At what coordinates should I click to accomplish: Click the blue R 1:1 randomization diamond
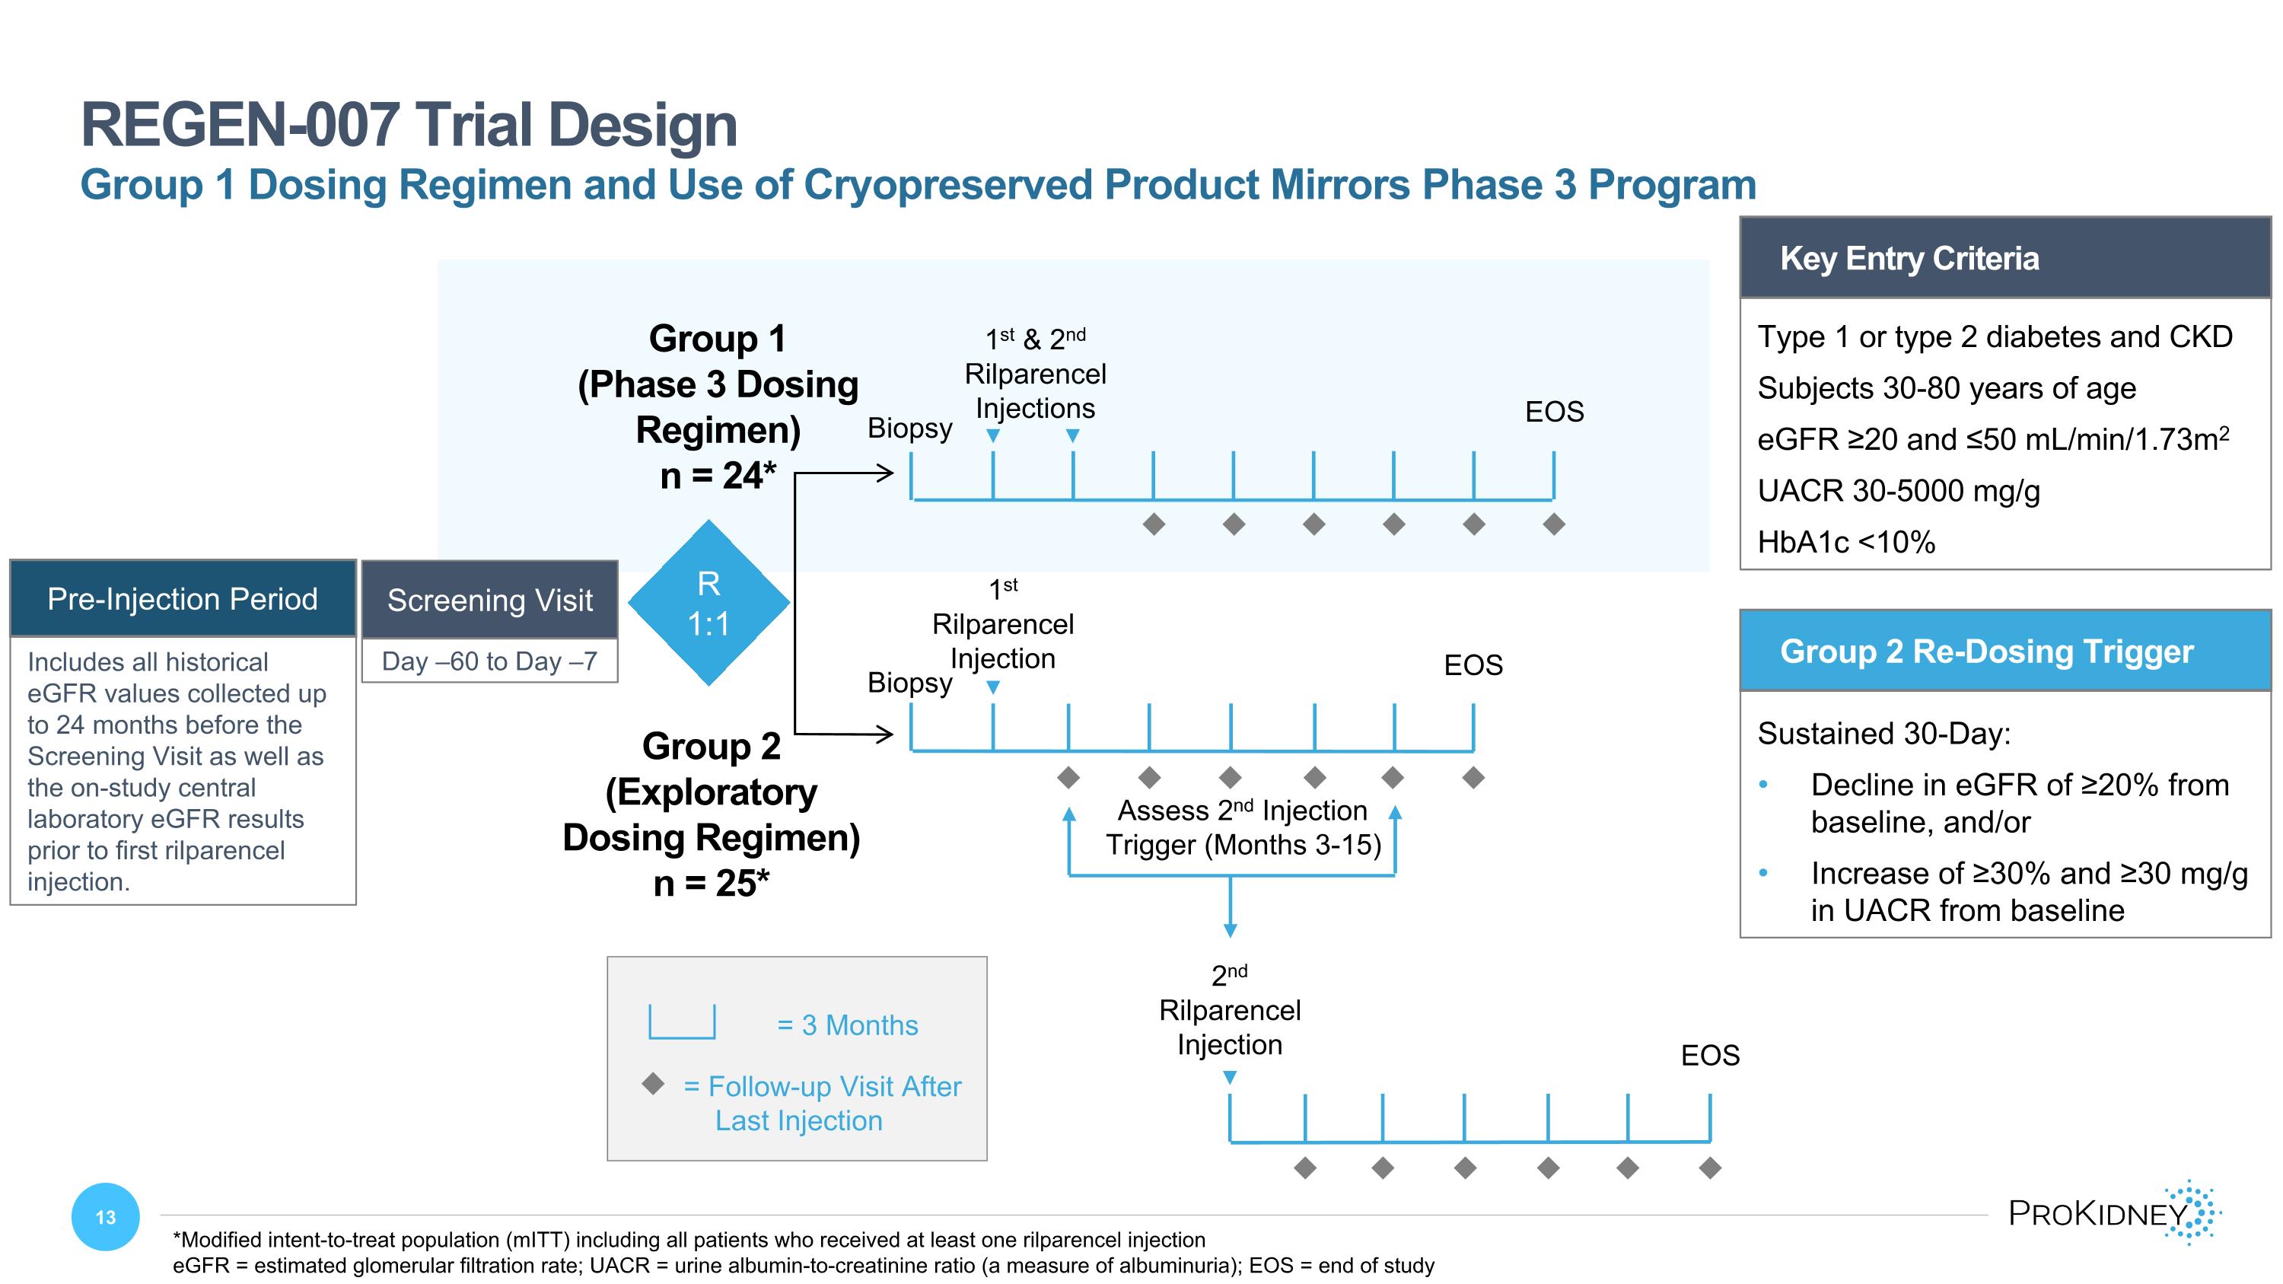tap(708, 604)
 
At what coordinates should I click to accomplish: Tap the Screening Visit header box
tap(489, 600)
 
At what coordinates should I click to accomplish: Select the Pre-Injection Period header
tap(183, 598)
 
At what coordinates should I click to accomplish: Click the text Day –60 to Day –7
tap(489, 661)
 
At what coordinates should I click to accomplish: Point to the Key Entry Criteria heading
tap(1909, 258)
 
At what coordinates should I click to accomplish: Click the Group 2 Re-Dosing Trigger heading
tap(1986, 652)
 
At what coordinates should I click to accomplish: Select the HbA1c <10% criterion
tap(1846, 541)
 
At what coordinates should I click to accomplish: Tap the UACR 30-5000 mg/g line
tap(1899, 490)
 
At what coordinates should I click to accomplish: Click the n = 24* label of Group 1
tap(718, 476)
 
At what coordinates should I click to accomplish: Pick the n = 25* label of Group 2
tap(712, 884)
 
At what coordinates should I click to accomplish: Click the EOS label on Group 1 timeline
tap(1554, 412)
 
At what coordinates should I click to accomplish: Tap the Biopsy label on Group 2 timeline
tap(909, 682)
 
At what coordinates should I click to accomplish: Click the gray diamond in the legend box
tap(653, 1083)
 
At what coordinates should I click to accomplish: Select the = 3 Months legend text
tap(847, 1025)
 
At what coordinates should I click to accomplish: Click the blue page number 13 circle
tap(106, 1217)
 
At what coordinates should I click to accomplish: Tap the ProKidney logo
tap(2115, 1212)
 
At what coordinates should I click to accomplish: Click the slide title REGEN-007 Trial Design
tap(409, 125)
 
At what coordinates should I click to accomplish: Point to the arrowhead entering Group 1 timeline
tap(884, 473)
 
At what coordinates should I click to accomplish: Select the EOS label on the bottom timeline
tap(1710, 1056)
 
